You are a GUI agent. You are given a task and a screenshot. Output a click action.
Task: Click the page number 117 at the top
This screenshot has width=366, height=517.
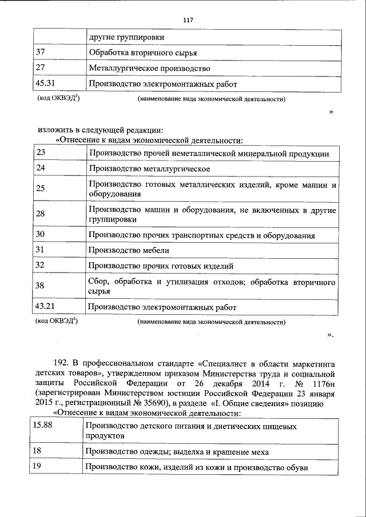coord(189,20)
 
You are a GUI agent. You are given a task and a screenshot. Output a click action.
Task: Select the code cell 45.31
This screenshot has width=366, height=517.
coord(44,83)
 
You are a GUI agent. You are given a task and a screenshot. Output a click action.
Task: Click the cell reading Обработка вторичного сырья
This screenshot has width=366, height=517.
coord(143,53)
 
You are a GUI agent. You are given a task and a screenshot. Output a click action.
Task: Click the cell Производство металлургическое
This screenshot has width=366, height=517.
coord(149,169)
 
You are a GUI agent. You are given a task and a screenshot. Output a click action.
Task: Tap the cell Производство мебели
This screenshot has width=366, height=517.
coord(129,250)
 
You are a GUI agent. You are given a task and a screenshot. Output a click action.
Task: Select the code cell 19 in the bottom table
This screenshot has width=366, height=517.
coord(37,467)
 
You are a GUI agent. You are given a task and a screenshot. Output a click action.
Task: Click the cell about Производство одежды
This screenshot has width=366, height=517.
coord(177,451)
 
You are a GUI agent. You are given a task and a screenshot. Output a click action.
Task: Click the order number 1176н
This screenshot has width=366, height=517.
coord(321,383)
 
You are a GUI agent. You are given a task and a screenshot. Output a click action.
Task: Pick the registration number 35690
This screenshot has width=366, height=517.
coord(148,403)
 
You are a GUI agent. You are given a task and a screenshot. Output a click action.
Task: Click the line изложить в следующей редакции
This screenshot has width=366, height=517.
coord(101,130)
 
